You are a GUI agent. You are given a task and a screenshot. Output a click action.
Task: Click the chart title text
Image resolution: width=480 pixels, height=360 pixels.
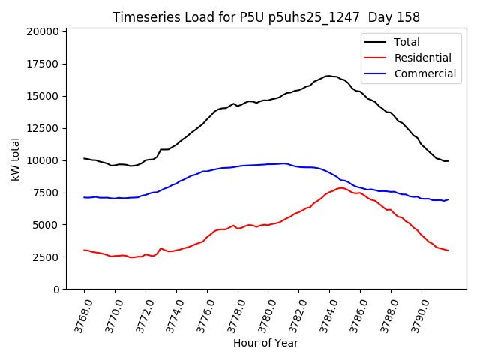pyautogui.click(x=266, y=16)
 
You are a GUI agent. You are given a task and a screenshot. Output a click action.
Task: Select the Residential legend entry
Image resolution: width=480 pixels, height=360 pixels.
pyautogui.click(x=422, y=58)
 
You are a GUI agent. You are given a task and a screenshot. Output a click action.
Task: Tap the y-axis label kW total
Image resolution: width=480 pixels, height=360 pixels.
pyautogui.click(x=15, y=159)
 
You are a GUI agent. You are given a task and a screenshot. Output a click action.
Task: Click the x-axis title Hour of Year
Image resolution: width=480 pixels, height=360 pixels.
pyautogui.click(x=265, y=343)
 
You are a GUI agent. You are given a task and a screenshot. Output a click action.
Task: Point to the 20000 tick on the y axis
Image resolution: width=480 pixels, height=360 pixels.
pyautogui.click(x=42, y=31)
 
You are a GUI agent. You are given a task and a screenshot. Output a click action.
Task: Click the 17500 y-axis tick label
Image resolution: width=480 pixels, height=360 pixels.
pyautogui.click(x=42, y=64)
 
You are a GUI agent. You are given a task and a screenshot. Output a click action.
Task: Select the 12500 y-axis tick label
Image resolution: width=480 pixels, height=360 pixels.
pyautogui.click(x=42, y=128)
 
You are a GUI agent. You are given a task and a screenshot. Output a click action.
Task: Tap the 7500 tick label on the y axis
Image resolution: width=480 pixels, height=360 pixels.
pyautogui.click(x=45, y=193)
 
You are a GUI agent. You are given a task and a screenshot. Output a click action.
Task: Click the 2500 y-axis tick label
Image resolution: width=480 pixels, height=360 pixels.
pyautogui.click(x=45, y=257)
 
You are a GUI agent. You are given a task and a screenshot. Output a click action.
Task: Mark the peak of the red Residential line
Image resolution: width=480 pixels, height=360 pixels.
pyautogui.click(x=341, y=187)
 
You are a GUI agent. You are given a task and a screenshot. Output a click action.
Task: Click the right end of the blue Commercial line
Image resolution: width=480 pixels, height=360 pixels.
pyautogui.click(x=448, y=199)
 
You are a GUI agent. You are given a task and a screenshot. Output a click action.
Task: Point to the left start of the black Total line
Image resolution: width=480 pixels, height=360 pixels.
pyautogui.click(x=84, y=158)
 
